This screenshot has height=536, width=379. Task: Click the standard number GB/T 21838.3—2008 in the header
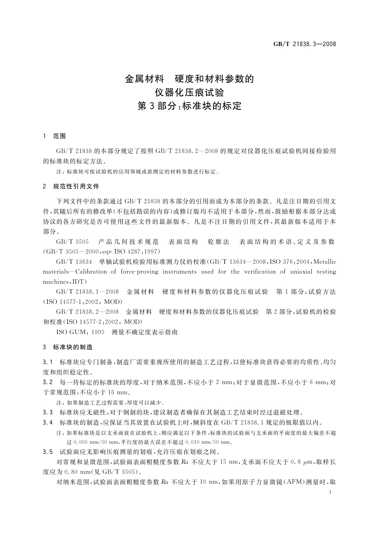pyautogui.click(x=305, y=44)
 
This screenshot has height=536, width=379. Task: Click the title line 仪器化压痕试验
pyautogui.click(x=189, y=92)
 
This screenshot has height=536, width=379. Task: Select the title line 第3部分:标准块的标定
pyautogui.click(x=189, y=106)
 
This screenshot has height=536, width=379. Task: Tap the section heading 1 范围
pyautogui.click(x=54, y=136)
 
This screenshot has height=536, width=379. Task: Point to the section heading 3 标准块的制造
pyautogui.click(x=68, y=347)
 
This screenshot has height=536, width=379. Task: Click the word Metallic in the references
pyautogui.click(x=325, y=262)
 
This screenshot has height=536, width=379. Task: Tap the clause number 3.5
pyautogui.click(x=48, y=452)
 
